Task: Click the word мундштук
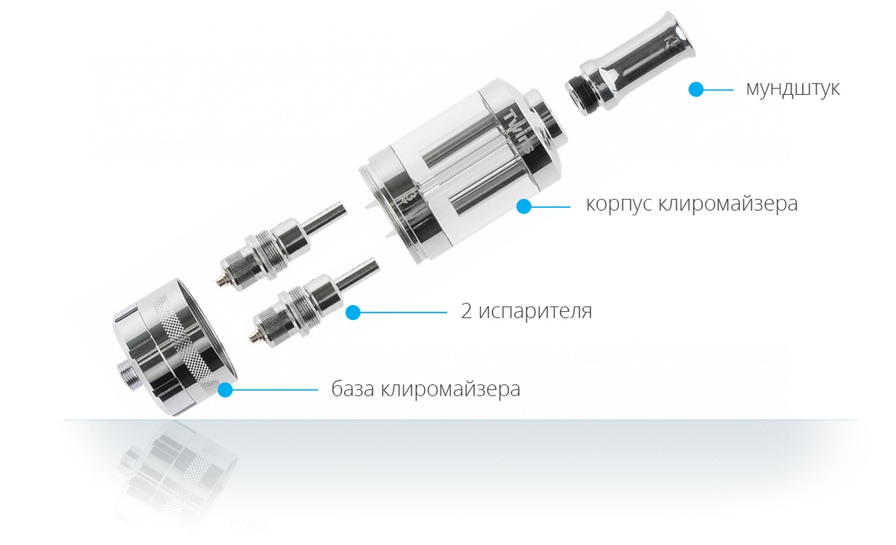[x=792, y=89]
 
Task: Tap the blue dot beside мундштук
[x=696, y=90]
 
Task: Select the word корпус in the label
[x=619, y=205]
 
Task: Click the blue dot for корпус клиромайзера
[x=523, y=206]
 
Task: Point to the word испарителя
[x=535, y=311]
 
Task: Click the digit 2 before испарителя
[x=467, y=311]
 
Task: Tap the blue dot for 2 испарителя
[x=352, y=312]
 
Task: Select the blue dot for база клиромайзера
[x=225, y=389]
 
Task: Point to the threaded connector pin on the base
[x=128, y=374]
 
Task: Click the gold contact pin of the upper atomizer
[x=220, y=281]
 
